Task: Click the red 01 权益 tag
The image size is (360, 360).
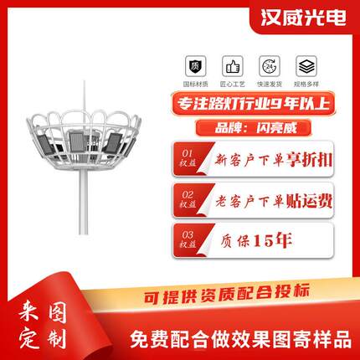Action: tap(187, 158)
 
